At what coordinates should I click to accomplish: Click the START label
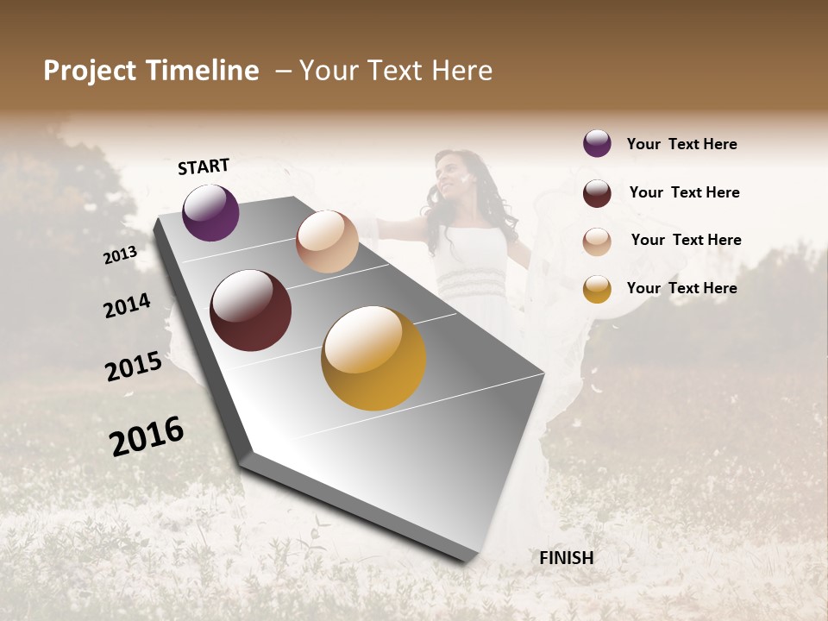tap(204, 166)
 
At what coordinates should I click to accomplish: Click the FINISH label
tap(566, 558)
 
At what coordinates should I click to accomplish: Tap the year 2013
tap(120, 254)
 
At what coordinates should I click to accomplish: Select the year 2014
tap(127, 305)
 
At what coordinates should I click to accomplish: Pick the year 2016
tap(147, 436)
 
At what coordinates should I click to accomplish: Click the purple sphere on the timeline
tap(210, 212)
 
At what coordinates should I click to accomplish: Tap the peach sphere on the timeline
tap(327, 241)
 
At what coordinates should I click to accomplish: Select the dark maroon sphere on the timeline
tap(250, 310)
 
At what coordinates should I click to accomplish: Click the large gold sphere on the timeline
tap(373, 358)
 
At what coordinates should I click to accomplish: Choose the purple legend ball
tap(597, 143)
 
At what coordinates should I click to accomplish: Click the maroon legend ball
tap(597, 192)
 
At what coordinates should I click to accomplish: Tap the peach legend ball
tap(597, 241)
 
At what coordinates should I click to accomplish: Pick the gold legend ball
tap(597, 289)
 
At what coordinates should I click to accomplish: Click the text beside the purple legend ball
tap(681, 144)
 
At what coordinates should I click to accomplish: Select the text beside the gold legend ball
tap(681, 288)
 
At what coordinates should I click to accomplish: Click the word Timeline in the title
tap(203, 71)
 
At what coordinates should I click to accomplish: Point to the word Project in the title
tap(91, 71)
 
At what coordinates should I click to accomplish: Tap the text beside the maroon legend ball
tap(684, 192)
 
